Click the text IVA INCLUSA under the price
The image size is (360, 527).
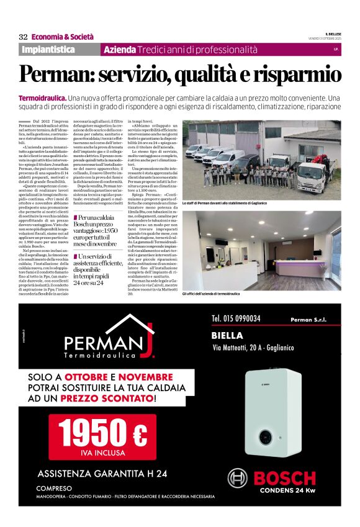coord(102,453)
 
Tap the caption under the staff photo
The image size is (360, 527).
coord(223,203)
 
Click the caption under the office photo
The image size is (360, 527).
coord(219,293)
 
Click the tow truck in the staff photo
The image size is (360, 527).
coord(315,168)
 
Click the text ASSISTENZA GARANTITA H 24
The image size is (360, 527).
coord(102,474)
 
